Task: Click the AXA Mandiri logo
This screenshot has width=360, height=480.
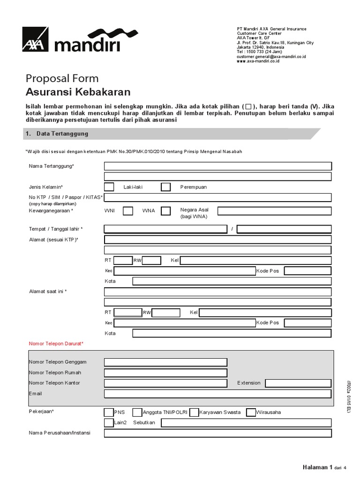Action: [x=71, y=40]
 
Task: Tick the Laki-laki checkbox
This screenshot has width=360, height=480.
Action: [x=109, y=187]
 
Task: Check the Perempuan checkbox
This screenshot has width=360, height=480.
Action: [x=166, y=187]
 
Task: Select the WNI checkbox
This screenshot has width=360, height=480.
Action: [x=128, y=211]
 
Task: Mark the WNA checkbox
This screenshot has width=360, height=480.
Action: [x=166, y=211]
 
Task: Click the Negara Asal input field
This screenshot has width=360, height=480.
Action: [x=274, y=211]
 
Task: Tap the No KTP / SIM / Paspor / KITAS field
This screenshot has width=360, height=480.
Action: [x=218, y=197]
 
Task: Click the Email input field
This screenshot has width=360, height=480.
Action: [x=218, y=393]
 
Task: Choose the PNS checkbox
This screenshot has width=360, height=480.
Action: [x=109, y=412]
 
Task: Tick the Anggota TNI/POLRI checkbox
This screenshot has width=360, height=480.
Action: [x=137, y=412]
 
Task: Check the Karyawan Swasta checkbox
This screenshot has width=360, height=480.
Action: [x=194, y=412]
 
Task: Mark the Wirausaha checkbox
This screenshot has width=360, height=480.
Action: [x=251, y=412]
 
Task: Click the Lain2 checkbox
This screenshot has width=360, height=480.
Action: [x=109, y=422]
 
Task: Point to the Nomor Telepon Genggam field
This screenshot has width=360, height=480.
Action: [x=165, y=362]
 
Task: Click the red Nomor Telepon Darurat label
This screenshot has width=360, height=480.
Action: [x=56, y=344]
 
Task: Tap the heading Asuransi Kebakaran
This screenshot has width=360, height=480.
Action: [x=78, y=92]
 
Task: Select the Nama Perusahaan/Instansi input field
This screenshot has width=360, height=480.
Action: [x=218, y=433]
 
